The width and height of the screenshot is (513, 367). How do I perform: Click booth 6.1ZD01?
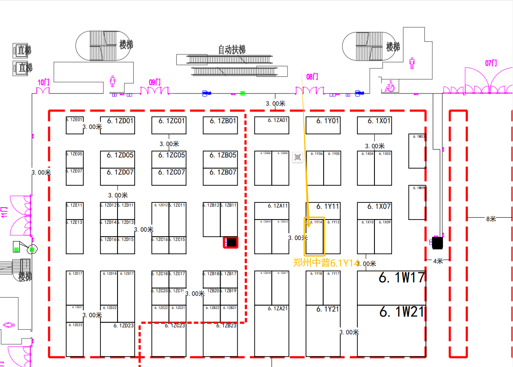point(117,121)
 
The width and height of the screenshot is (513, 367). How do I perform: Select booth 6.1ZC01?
point(169,121)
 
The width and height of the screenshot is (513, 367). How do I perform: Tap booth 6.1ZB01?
point(220,121)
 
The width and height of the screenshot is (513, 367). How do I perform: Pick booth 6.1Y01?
point(323,121)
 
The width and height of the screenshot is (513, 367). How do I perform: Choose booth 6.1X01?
point(374,121)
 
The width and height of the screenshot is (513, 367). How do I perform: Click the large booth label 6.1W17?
point(402,277)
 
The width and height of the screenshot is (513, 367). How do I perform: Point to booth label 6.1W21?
point(402,312)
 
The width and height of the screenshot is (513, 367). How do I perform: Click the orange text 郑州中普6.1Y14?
point(326,263)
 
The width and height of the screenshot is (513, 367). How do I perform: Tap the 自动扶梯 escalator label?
point(232,50)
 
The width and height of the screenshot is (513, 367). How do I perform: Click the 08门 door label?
point(312,77)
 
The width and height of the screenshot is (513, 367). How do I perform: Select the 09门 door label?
point(155,82)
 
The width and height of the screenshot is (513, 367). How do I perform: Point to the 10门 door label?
point(43,82)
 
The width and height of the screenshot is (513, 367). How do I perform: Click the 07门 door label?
point(491,63)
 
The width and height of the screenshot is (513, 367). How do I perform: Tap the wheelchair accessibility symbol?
point(389,87)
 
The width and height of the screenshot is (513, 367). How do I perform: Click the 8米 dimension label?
point(491,219)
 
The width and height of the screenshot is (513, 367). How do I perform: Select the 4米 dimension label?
point(438,261)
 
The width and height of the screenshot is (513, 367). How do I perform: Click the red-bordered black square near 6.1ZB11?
point(231,242)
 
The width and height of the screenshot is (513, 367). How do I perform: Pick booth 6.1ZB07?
point(220,173)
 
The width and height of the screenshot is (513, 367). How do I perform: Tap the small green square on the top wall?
point(242,93)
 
